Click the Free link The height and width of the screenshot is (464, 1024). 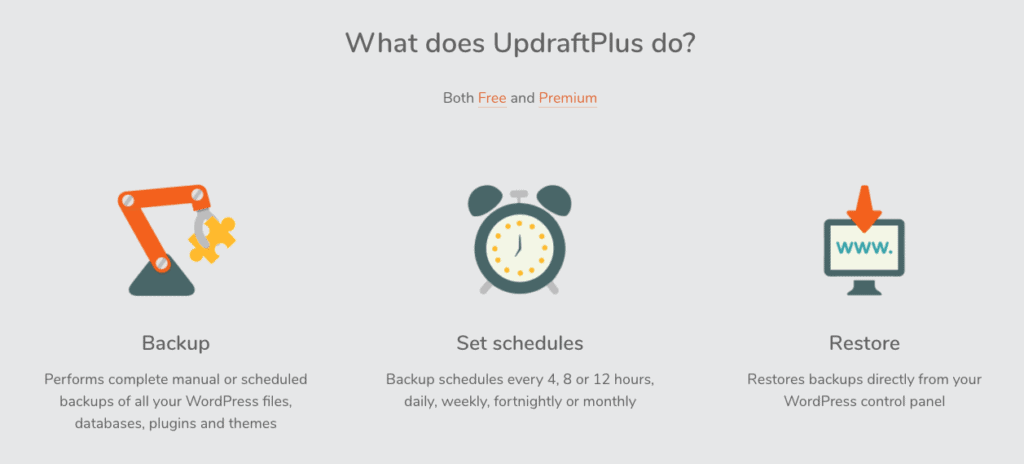(x=492, y=98)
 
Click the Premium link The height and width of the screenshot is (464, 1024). (x=568, y=98)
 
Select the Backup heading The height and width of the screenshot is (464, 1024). (x=176, y=343)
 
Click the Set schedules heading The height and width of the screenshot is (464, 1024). (x=520, y=343)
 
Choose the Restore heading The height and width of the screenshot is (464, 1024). (x=864, y=343)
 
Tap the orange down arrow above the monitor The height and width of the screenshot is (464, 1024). (x=864, y=207)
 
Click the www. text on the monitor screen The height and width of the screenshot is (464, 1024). (x=864, y=248)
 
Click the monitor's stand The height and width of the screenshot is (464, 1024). (x=864, y=287)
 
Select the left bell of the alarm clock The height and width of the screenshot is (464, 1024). (x=484, y=199)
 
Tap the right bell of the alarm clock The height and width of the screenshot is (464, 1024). (x=554, y=199)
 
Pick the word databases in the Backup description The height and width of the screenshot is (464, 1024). (x=108, y=423)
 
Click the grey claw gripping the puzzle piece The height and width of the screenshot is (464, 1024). (x=200, y=228)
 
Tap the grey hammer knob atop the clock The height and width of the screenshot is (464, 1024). (x=519, y=196)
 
